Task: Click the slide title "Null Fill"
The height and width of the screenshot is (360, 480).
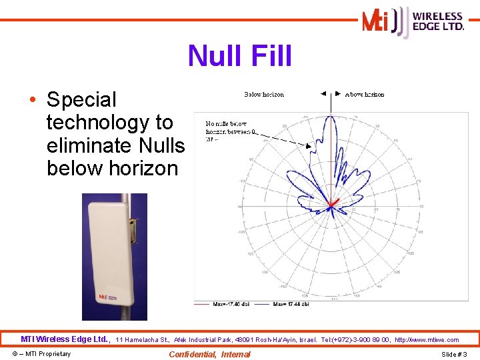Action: coord(240,56)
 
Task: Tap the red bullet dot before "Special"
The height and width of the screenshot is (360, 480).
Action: coord(33,101)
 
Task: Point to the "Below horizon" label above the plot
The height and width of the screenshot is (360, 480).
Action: coord(264,95)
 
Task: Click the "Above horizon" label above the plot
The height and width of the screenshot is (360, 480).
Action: coord(365,95)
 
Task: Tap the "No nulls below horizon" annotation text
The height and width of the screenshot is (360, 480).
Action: coord(227,127)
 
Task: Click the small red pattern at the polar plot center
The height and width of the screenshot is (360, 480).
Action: coord(333,203)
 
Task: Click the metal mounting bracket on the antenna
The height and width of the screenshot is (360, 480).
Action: coord(133,231)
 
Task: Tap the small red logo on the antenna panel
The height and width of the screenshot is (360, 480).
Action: coord(104,298)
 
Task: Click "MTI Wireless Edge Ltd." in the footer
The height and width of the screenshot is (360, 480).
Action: coord(65,339)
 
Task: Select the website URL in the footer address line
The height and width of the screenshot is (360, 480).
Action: coord(427,340)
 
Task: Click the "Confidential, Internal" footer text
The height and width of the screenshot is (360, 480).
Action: coord(209,354)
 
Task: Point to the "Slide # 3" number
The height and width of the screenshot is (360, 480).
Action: coord(454,354)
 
